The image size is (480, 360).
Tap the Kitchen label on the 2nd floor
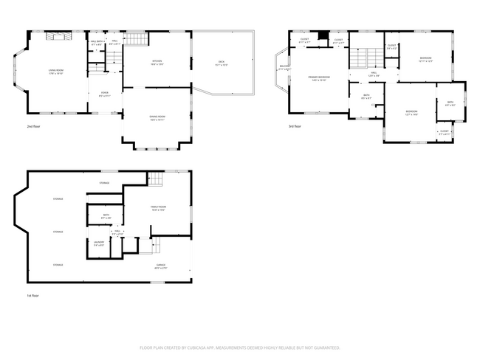click(x=157, y=62)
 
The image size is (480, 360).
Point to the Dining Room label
click(x=157, y=118)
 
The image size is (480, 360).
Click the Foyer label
click(x=105, y=94)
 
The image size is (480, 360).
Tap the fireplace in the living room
click(x=57, y=36)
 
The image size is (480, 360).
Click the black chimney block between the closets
click(x=322, y=36)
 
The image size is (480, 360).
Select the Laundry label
click(x=98, y=243)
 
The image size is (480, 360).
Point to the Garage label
click(x=160, y=266)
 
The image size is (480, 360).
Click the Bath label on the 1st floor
click(x=106, y=216)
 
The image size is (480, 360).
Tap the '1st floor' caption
click(x=32, y=295)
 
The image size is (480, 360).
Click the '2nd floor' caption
click(x=32, y=126)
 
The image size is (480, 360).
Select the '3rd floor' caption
click(x=295, y=126)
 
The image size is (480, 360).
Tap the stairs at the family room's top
click(x=154, y=179)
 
